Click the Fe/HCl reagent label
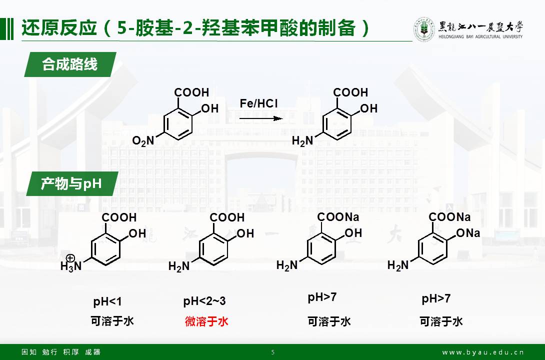coord(258,103)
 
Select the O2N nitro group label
coord(143,141)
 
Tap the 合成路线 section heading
coord(69,64)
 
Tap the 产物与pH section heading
coord(71,184)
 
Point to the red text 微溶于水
coord(206,321)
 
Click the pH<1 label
coord(107,302)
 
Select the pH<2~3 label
coord(204,301)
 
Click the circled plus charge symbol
coord(70,258)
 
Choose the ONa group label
coord(468,233)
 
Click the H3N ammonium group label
coord(70,266)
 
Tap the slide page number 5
coord(273,352)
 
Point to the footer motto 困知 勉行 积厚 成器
coord(61,352)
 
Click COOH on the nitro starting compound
coord(191,92)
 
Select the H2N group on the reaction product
coord(302,141)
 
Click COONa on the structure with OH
coord(338,217)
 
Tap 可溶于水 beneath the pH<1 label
coord(112,321)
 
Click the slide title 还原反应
coord(58,28)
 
